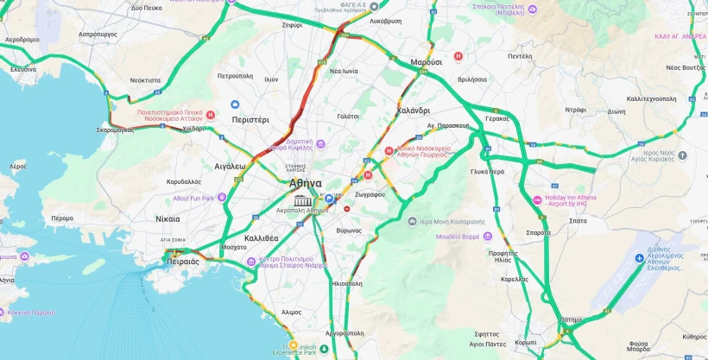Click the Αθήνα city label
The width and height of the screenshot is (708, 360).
(306, 183)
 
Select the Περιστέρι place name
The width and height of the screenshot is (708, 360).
(250, 120)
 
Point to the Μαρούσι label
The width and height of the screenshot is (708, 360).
(426, 63)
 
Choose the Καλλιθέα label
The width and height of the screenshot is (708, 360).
(261, 237)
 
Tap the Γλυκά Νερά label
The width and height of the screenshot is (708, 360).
(487, 171)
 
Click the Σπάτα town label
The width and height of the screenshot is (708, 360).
(578, 221)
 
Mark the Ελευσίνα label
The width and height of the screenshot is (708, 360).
(22, 69)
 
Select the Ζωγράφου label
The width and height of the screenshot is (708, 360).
(369, 194)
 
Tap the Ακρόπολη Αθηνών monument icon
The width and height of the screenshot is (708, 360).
(302, 201)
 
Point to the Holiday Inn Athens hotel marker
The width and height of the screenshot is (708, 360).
(538, 199)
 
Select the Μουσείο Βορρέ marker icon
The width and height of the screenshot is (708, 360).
(489, 236)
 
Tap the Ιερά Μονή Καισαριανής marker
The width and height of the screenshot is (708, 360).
(413, 221)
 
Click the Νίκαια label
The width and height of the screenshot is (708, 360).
(168, 219)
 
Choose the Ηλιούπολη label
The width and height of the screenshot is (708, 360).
(347, 282)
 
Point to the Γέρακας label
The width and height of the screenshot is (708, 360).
(497, 118)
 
